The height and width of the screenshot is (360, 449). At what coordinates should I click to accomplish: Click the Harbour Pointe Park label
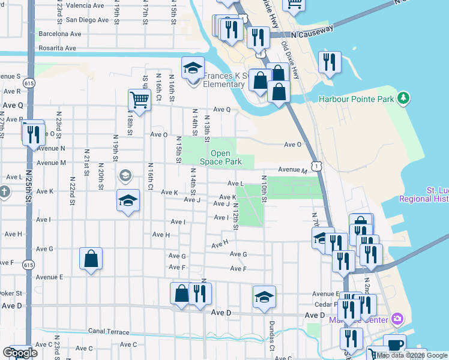(x=358, y=99)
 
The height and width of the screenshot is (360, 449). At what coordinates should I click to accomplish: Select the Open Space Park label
(x=220, y=157)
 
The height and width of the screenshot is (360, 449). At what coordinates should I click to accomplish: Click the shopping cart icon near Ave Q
(x=139, y=100)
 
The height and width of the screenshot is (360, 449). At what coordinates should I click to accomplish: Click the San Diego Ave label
(x=87, y=19)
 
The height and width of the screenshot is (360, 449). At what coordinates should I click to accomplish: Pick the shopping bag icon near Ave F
(x=91, y=259)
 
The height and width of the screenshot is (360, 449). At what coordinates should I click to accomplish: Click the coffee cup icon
(x=395, y=345)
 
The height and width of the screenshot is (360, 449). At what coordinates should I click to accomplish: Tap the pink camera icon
(x=396, y=318)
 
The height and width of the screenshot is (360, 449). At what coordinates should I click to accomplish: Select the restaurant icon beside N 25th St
(x=33, y=133)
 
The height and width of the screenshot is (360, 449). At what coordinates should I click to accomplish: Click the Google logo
(x=20, y=353)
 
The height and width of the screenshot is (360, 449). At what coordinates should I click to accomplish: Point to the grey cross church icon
(x=4, y=193)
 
